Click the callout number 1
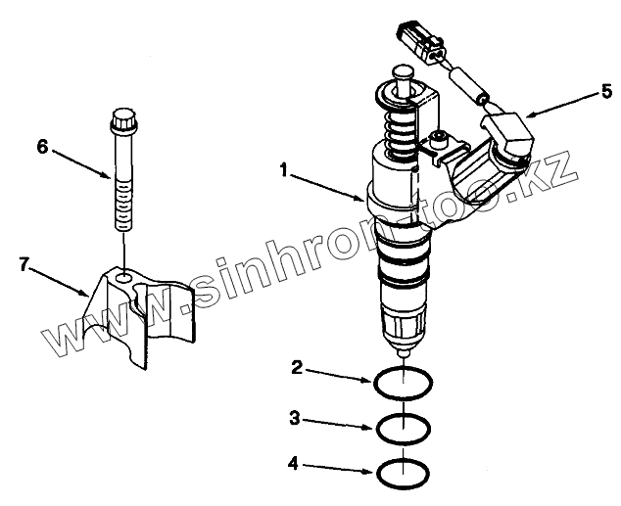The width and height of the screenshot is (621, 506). click(284, 171)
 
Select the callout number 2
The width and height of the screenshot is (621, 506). click(297, 368)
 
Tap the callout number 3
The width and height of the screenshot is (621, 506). click(295, 418)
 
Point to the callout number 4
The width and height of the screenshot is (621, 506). click(293, 464)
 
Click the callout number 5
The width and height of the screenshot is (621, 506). click(606, 92)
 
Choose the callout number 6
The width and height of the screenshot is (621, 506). click(42, 147)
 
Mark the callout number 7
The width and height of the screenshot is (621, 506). click(24, 264)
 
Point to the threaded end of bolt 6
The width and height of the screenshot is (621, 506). click(124, 205)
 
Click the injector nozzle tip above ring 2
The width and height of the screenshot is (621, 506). click(403, 351)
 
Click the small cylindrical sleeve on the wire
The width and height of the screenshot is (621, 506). click(468, 85)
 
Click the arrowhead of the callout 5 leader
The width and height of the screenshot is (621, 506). click(529, 115)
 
